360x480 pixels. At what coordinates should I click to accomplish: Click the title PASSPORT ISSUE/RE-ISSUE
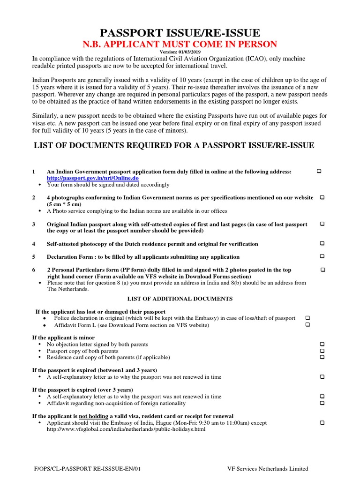pyautogui.click(x=180, y=33)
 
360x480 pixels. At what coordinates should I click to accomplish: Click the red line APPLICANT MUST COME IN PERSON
pyautogui.click(x=180, y=45)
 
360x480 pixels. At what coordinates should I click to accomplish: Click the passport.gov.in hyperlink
pyautogui.click(x=92, y=179)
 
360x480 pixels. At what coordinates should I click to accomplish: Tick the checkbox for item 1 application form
pyautogui.click(x=319, y=172)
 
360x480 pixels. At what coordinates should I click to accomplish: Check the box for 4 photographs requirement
pyautogui.click(x=322, y=197)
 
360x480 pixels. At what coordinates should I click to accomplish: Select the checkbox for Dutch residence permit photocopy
pyautogui.click(x=322, y=243)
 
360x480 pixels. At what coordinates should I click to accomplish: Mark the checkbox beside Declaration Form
pyautogui.click(x=322, y=256)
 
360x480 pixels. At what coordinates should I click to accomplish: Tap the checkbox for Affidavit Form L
pyautogui.click(x=307, y=325)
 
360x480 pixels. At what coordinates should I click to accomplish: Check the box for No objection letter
pyautogui.click(x=322, y=344)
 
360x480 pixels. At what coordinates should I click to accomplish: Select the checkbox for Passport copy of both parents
pyautogui.click(x=322, y=351)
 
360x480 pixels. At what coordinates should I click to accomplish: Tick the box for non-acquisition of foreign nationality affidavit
pyautogui.click(x=322, y=403)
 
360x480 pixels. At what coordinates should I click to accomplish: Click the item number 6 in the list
pyautogui.click(x=34, y=270)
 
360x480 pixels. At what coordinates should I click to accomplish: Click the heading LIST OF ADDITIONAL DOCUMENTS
pyautogui.click(x=180, y=299)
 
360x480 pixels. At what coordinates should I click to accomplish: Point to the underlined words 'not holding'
pyautogui.click(x=94, y=416)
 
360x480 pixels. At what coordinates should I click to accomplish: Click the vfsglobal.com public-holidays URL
pyautogui.click(x=126, y=429)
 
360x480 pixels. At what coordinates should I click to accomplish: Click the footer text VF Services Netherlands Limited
pyautogui.click(x=268, y=468)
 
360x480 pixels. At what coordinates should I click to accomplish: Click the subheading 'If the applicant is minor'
pyautogui.click(x=63, y=337)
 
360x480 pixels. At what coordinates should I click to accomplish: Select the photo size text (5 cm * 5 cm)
pyautogui.click(x=64, y=204)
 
